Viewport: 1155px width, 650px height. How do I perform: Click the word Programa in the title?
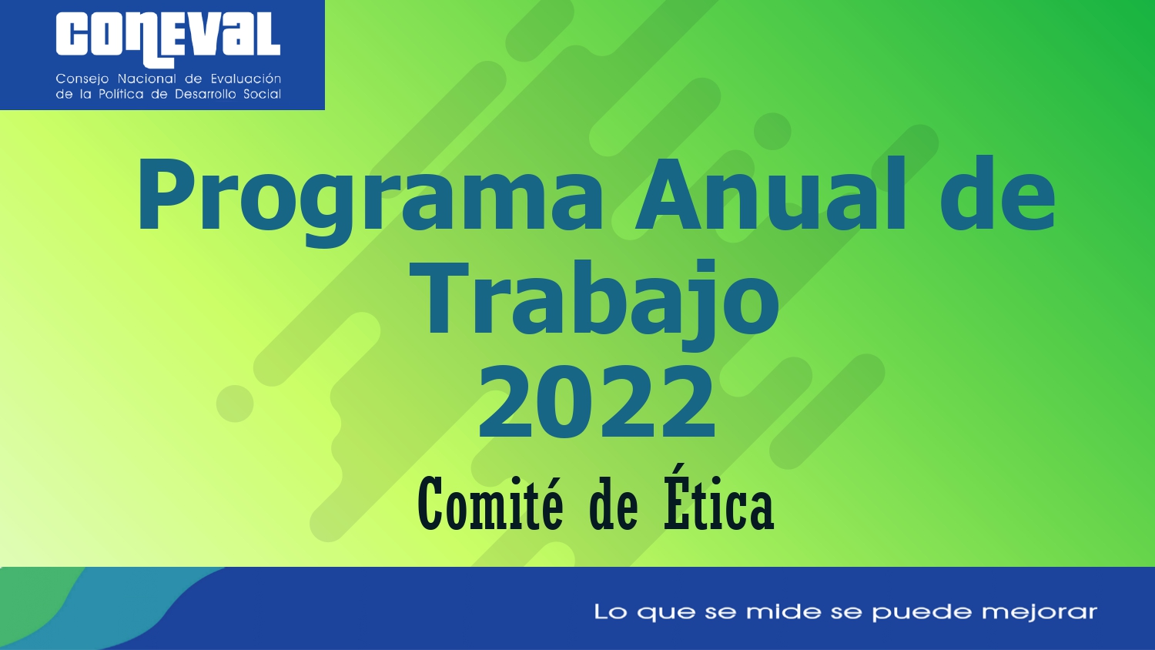[369, 201]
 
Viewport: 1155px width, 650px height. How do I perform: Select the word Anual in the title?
[771, 193]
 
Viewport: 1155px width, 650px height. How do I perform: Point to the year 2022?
[597, 400]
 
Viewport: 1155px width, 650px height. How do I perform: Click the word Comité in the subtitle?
[490, 504]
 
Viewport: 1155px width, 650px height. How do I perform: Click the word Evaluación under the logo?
[246, 79]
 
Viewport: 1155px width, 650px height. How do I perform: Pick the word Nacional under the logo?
[148, 79]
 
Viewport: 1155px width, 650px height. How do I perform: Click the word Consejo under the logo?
[82, 79]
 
